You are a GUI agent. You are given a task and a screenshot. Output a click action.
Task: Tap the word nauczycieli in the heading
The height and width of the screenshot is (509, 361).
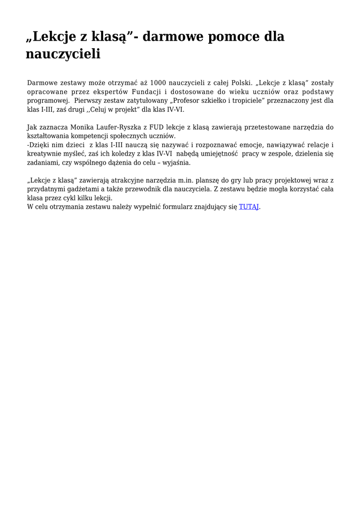[x=63, y=54]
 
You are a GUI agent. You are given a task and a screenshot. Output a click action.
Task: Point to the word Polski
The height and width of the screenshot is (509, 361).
[x=242, y=82]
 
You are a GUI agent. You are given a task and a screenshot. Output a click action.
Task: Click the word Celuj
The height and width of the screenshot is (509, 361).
[x=99, y=109]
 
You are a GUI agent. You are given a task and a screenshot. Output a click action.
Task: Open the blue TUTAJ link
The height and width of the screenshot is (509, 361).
[x=248, y=207]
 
